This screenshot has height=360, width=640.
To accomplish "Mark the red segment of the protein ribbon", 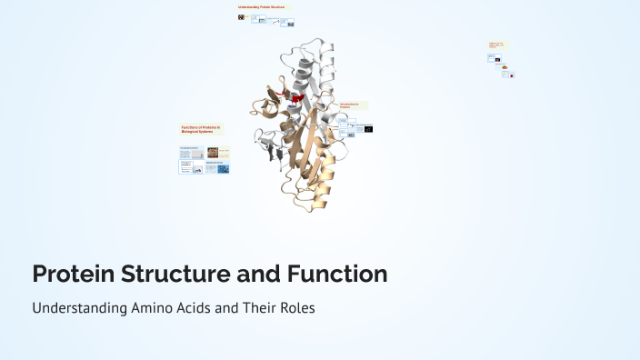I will coord(297,96).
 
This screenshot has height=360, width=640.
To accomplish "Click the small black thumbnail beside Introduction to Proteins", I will coord(366,129).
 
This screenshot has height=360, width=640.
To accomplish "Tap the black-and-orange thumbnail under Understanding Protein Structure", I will coord(241,16).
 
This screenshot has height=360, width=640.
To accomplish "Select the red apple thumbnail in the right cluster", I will coord(511,75).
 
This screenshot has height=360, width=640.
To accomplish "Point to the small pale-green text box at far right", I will coord(496,45).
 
